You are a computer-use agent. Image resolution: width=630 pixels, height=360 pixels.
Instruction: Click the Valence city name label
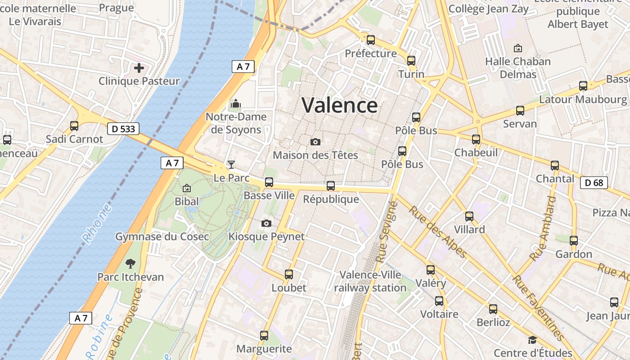[x=340, y=105]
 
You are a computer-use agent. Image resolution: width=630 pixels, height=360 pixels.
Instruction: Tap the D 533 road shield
[x=123, y=129]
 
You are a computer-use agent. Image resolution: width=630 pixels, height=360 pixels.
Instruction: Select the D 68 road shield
[x=594, y=183]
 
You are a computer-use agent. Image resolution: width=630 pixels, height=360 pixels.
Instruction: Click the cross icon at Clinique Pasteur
[x=139, y=68]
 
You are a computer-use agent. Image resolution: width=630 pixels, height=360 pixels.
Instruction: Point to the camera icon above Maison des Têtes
[x=315, y=142]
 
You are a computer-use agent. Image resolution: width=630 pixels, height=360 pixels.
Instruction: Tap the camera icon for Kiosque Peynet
[x=266, y=223]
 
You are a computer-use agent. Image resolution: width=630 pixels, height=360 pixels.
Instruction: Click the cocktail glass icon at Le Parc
[x=231, y=164]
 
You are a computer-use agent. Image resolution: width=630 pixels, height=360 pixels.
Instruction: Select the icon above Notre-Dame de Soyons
[x=235, y=104]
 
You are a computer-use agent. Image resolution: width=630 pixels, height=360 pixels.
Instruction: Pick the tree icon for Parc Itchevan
[x=130, y=263]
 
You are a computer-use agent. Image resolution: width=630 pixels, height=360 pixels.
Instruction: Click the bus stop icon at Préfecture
[x=371, y=40]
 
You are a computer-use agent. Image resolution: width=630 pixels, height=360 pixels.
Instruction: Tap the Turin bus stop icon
[x=411, y=61]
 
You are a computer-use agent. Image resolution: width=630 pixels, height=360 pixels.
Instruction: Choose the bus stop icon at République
[x=331, y=186]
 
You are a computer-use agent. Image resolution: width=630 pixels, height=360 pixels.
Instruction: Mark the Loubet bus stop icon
[x=289, y=274]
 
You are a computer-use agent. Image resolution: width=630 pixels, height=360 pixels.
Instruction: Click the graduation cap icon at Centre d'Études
[x=533, y=340]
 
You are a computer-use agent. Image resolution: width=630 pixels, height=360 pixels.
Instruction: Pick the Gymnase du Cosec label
[x=162, y=237]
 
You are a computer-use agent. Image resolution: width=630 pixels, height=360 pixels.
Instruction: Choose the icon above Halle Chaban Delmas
[x=518, y=48]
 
